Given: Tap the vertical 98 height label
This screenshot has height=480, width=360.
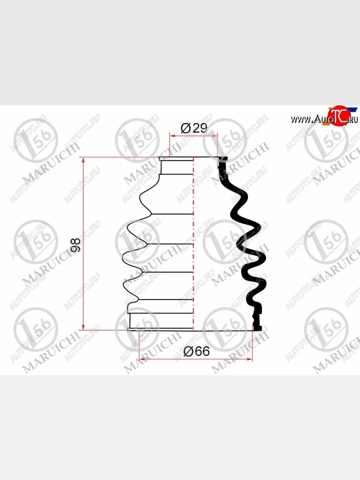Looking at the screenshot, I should click(76, 244).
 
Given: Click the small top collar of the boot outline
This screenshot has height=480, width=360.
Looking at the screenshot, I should click(176, 166).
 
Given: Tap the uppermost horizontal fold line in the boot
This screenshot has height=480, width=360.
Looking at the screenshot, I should click(172, 214).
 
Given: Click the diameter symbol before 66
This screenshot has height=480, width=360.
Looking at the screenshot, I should click(188, 352).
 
